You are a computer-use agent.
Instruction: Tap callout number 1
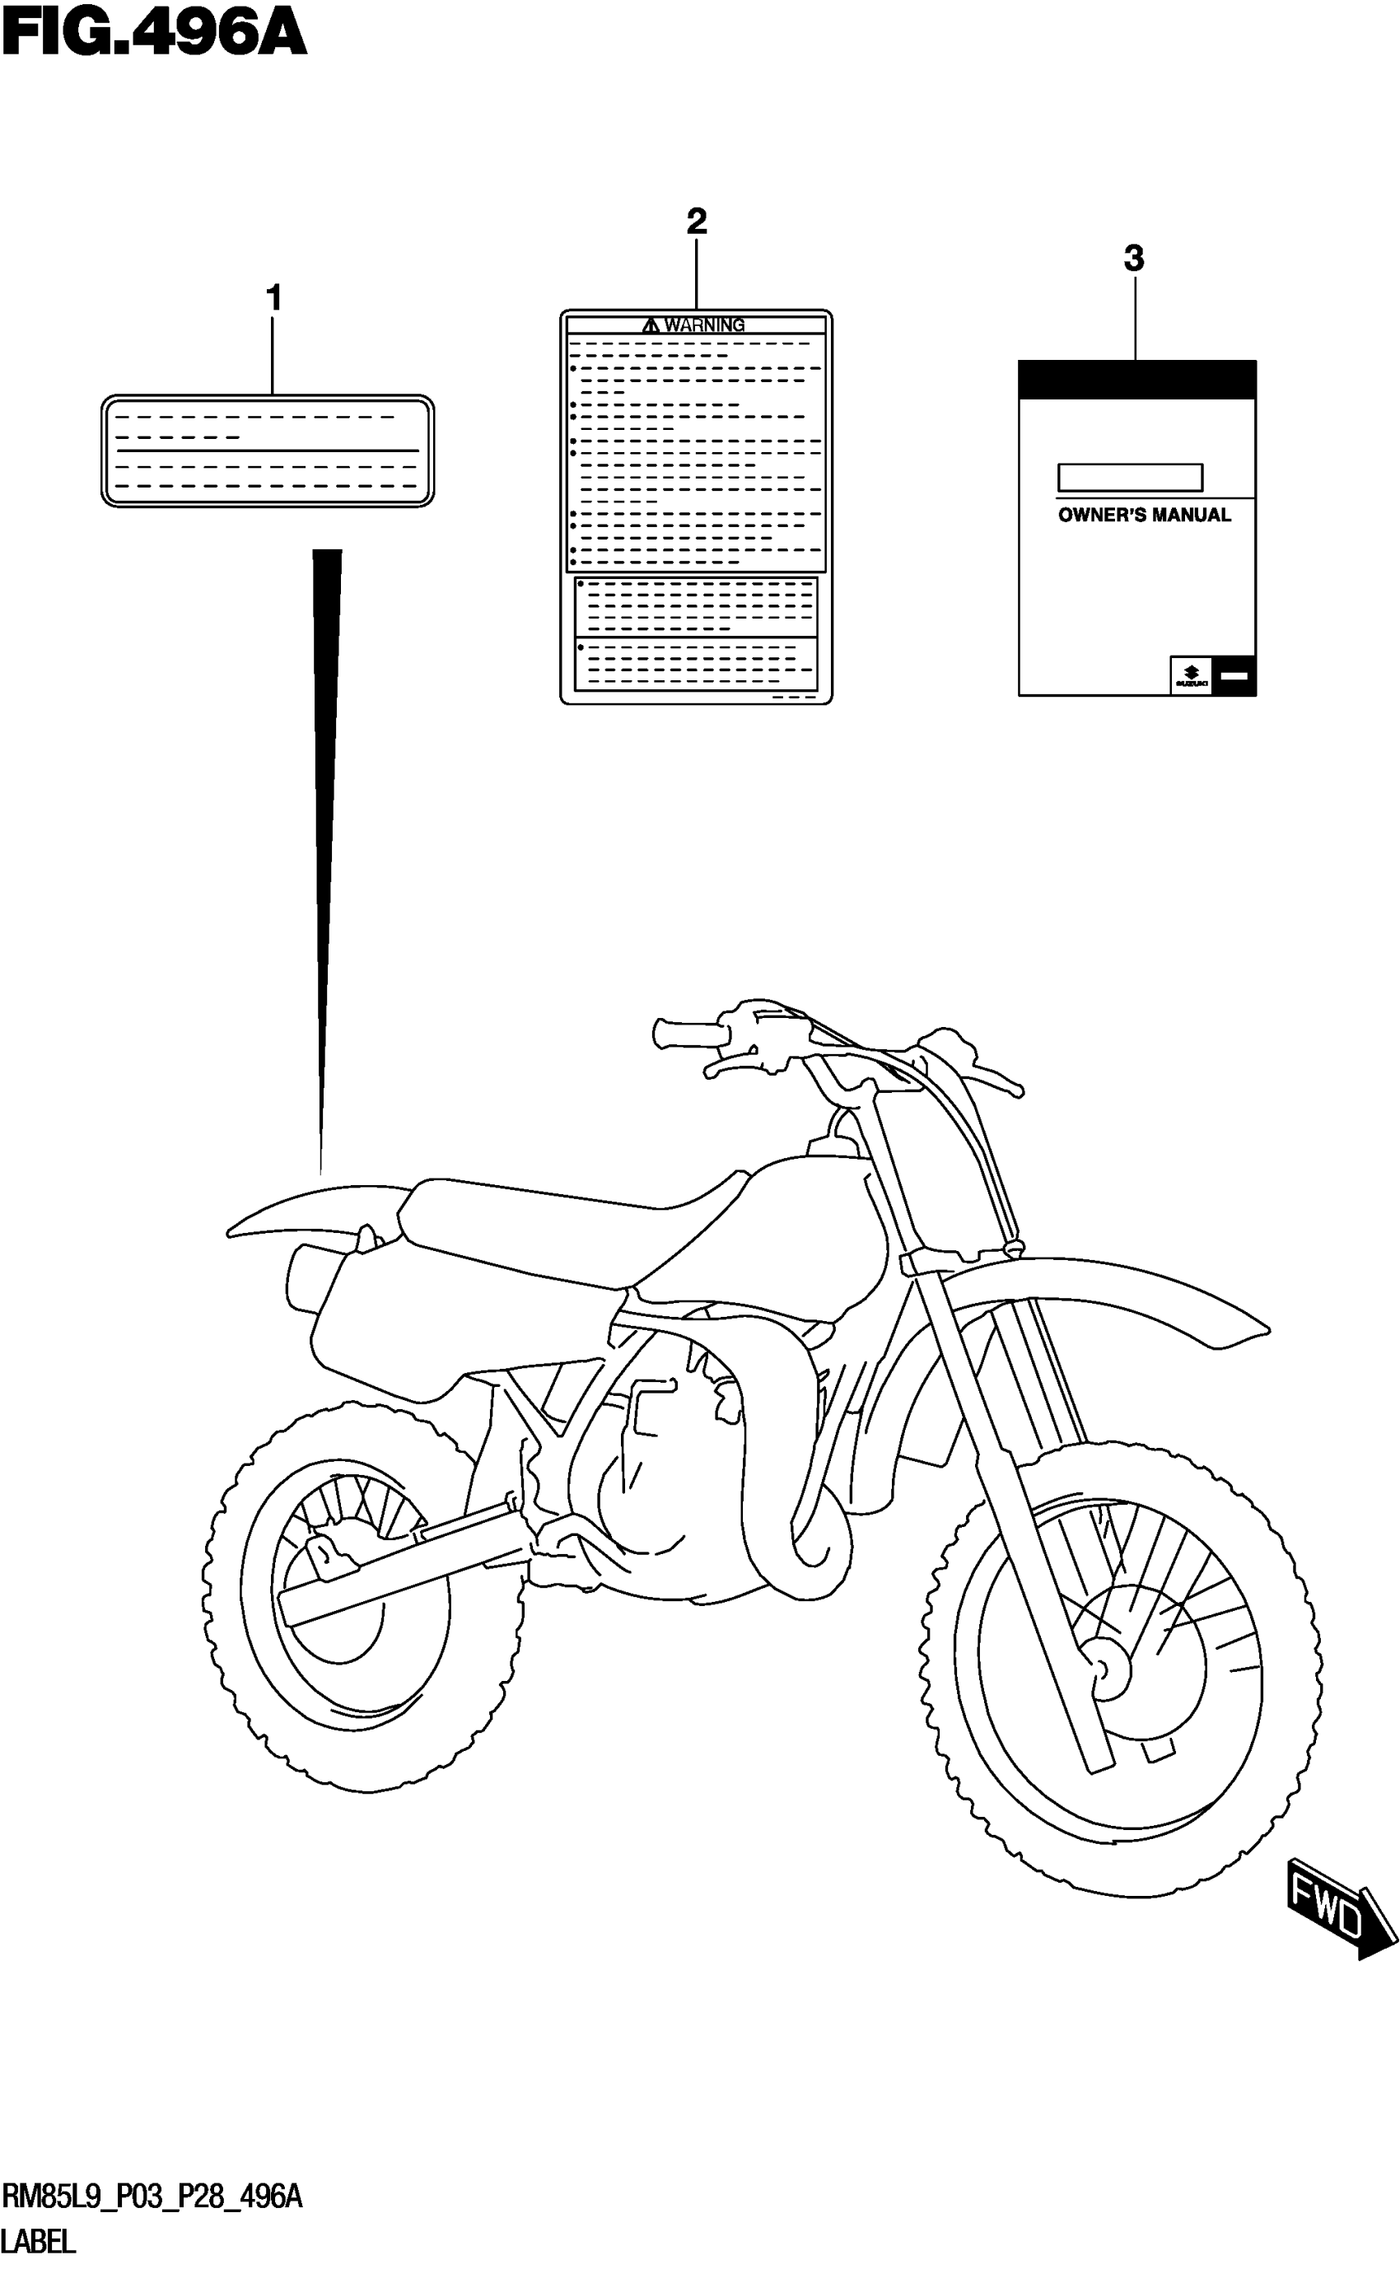pyautogui.click(x=273, y=298)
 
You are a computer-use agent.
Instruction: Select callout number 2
pyautogui.click(x=697, y=222)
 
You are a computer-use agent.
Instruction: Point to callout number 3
pyautogui.click(x=1133, y=259)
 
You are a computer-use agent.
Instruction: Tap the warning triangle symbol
pyautogui.click(x=650, y=325)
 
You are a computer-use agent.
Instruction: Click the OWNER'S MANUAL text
pyautogui.click(x=1144, y=516)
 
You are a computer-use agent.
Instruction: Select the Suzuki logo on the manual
pyautogui.click(x=1191, y=676)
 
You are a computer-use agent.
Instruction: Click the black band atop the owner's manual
pyautogui.click(x=1136, y=380)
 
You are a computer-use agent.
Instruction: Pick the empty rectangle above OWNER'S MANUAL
pyautogui.click(x=1130, y=478)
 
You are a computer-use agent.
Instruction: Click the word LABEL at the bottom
pyautogui.click(x=39, y=2241)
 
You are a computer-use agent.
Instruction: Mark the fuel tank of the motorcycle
pyautogui.click(x=787, y=1222)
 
